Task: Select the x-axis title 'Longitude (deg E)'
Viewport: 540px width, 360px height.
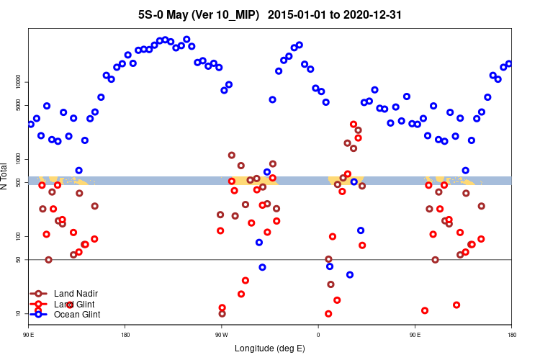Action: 270,349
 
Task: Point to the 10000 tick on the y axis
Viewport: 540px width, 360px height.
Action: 19,82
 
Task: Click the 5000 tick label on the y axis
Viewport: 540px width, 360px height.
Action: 19,105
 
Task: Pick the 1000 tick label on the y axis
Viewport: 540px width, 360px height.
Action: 19,159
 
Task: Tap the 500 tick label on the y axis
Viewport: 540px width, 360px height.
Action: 19,182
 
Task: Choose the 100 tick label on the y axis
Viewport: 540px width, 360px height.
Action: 19,236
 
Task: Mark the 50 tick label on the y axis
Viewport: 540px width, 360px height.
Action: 19,259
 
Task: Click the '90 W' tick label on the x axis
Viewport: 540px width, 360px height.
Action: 221,334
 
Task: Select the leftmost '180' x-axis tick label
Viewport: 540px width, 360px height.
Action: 125,334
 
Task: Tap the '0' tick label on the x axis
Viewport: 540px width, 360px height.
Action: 318,334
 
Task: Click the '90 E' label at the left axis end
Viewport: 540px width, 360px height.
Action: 29,334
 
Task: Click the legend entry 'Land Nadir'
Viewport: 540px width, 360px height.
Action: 76,294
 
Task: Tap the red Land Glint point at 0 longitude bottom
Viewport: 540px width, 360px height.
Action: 328,314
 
